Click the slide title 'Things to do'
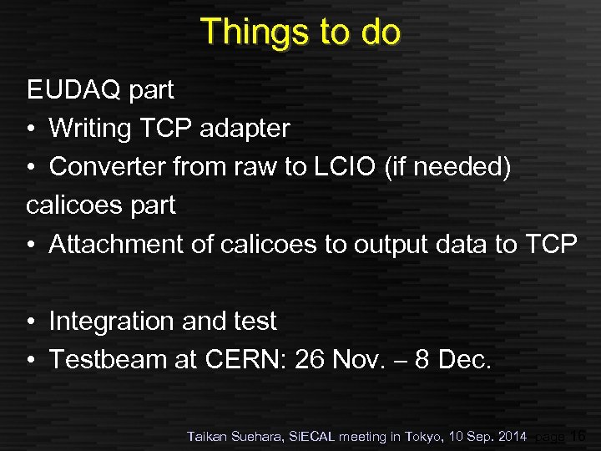300,32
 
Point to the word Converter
108,167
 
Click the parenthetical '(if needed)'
448,167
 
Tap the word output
391,244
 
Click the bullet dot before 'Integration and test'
31,322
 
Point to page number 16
576,435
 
